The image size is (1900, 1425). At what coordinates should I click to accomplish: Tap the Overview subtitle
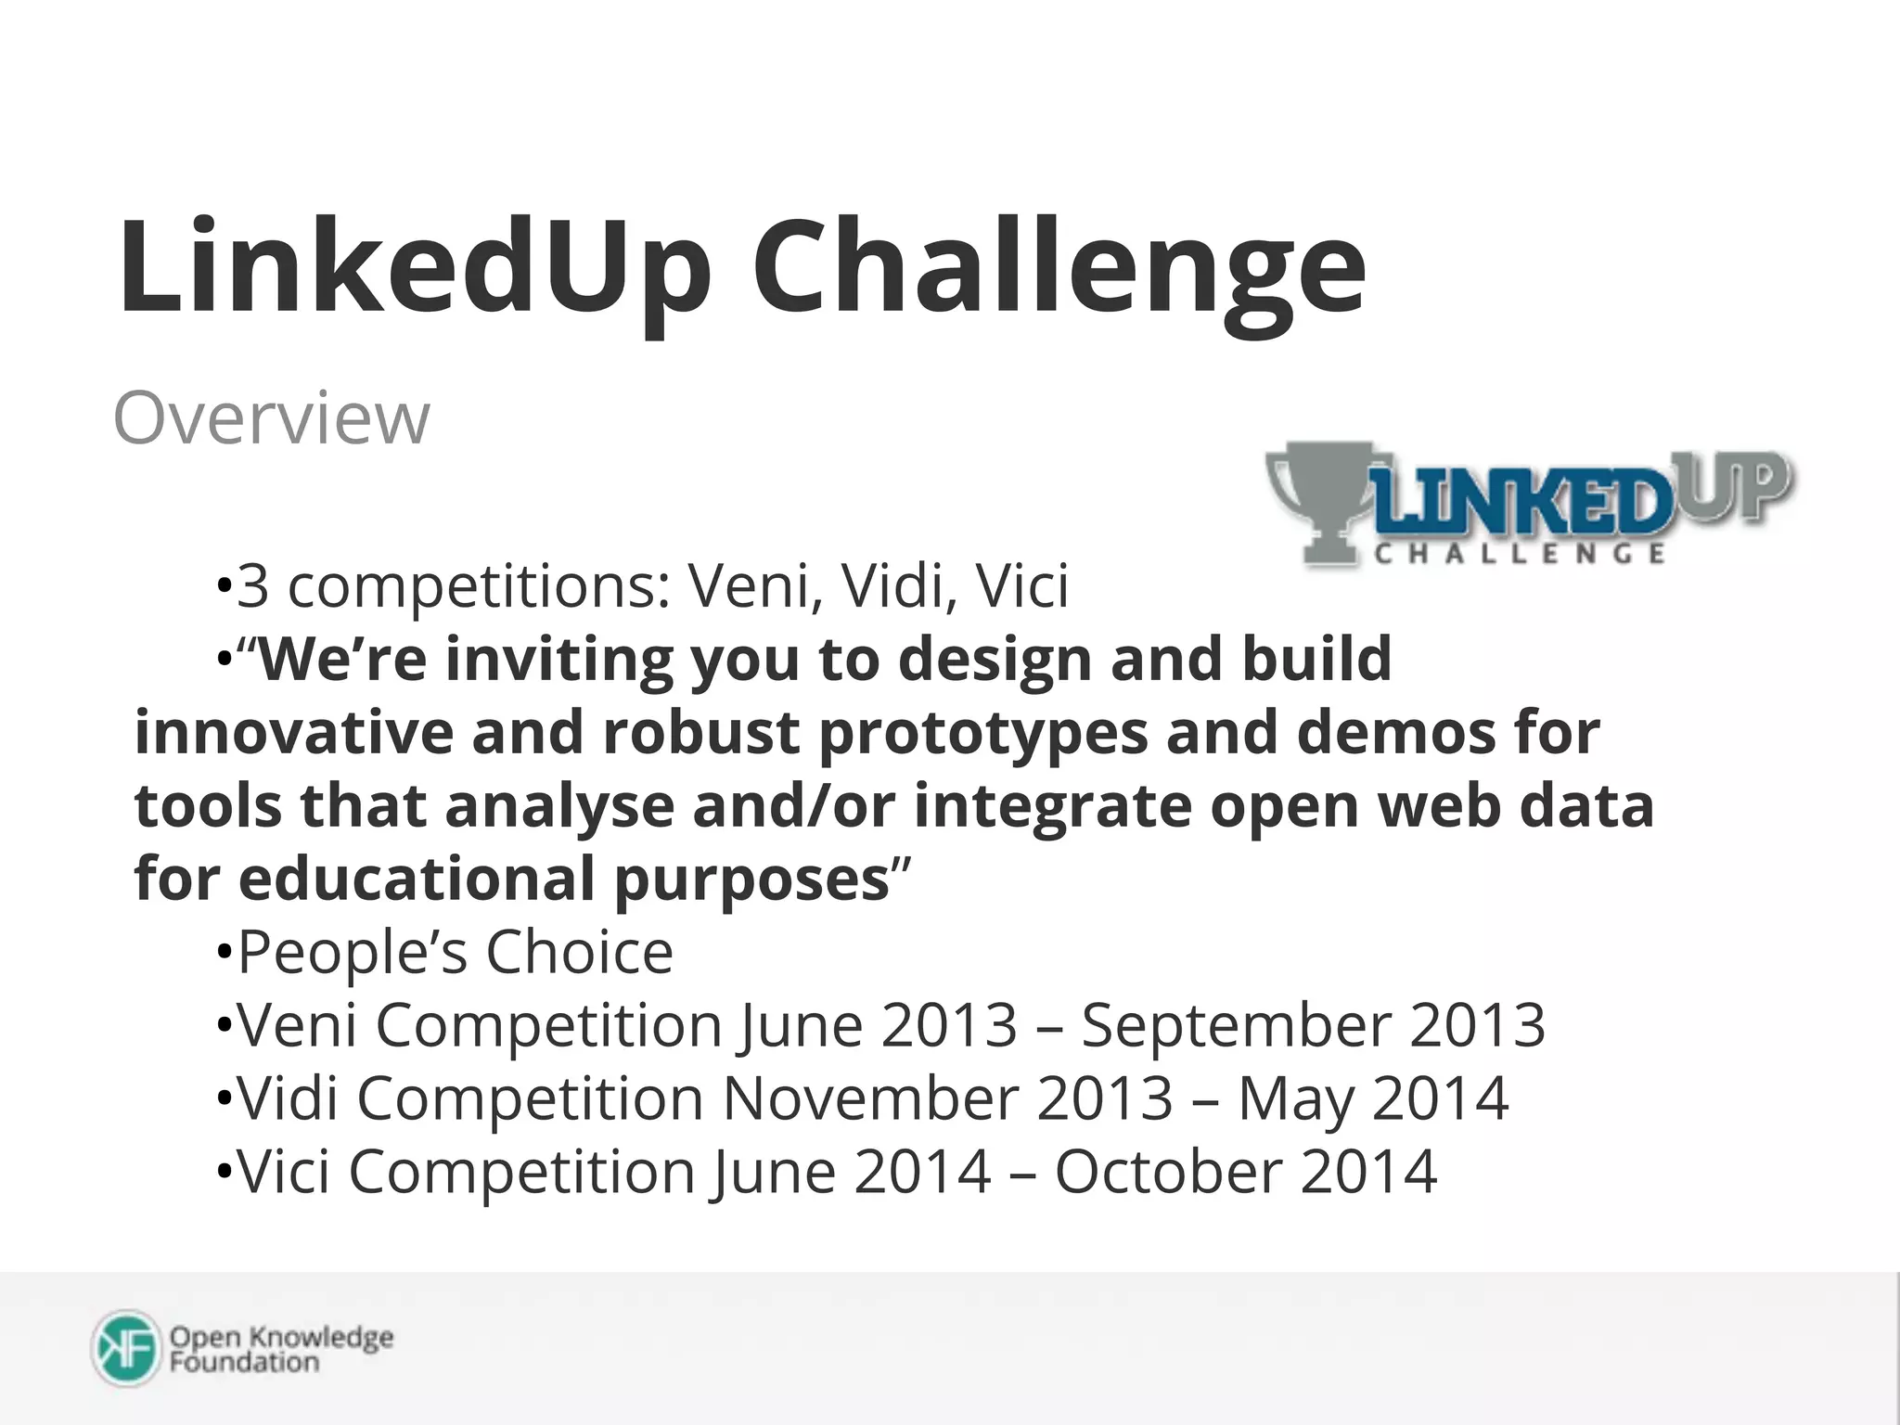pos(271,419)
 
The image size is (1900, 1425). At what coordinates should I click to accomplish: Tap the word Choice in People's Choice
pos(579,953)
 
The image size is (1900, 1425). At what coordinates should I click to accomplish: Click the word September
pos(1236,1026)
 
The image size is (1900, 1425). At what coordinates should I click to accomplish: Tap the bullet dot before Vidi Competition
pos(223,1100)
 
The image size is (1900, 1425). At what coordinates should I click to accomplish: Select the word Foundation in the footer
pos(244,1363)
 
